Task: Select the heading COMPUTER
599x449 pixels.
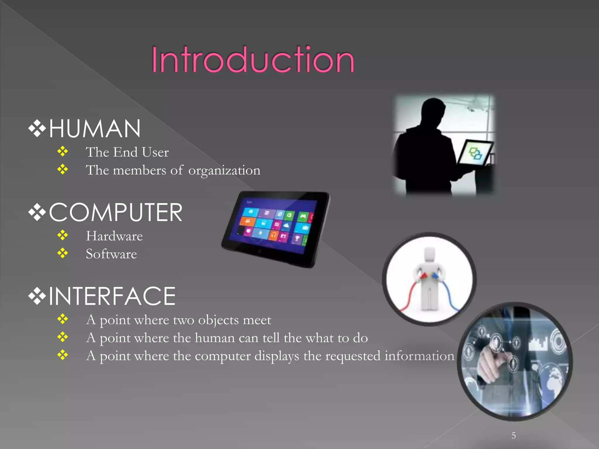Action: pyautogui.click(x=116, y=213)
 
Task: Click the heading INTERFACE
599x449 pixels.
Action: pyautogui.click(x=112, y=296)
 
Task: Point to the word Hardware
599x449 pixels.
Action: pyautogui.click(x=114, y=236)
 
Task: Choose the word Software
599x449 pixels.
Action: pyautogui.click(x=111, y=254)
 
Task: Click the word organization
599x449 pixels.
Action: pyautogui.click(x=224, y=170)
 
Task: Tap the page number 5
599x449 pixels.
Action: pyautogui.click(x=514, y=436)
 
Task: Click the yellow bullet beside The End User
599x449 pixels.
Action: pyautogui.click(x=63, y=151)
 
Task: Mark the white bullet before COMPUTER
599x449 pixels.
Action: pyautogui.click(x=37, y=213)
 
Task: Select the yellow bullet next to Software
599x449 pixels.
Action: pyautogui.click(x=63, y=253)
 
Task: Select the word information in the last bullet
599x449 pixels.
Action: pyautogui.click(x=419, y=356)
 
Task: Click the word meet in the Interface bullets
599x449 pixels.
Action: pyautogui.click(x=257, y=320)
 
